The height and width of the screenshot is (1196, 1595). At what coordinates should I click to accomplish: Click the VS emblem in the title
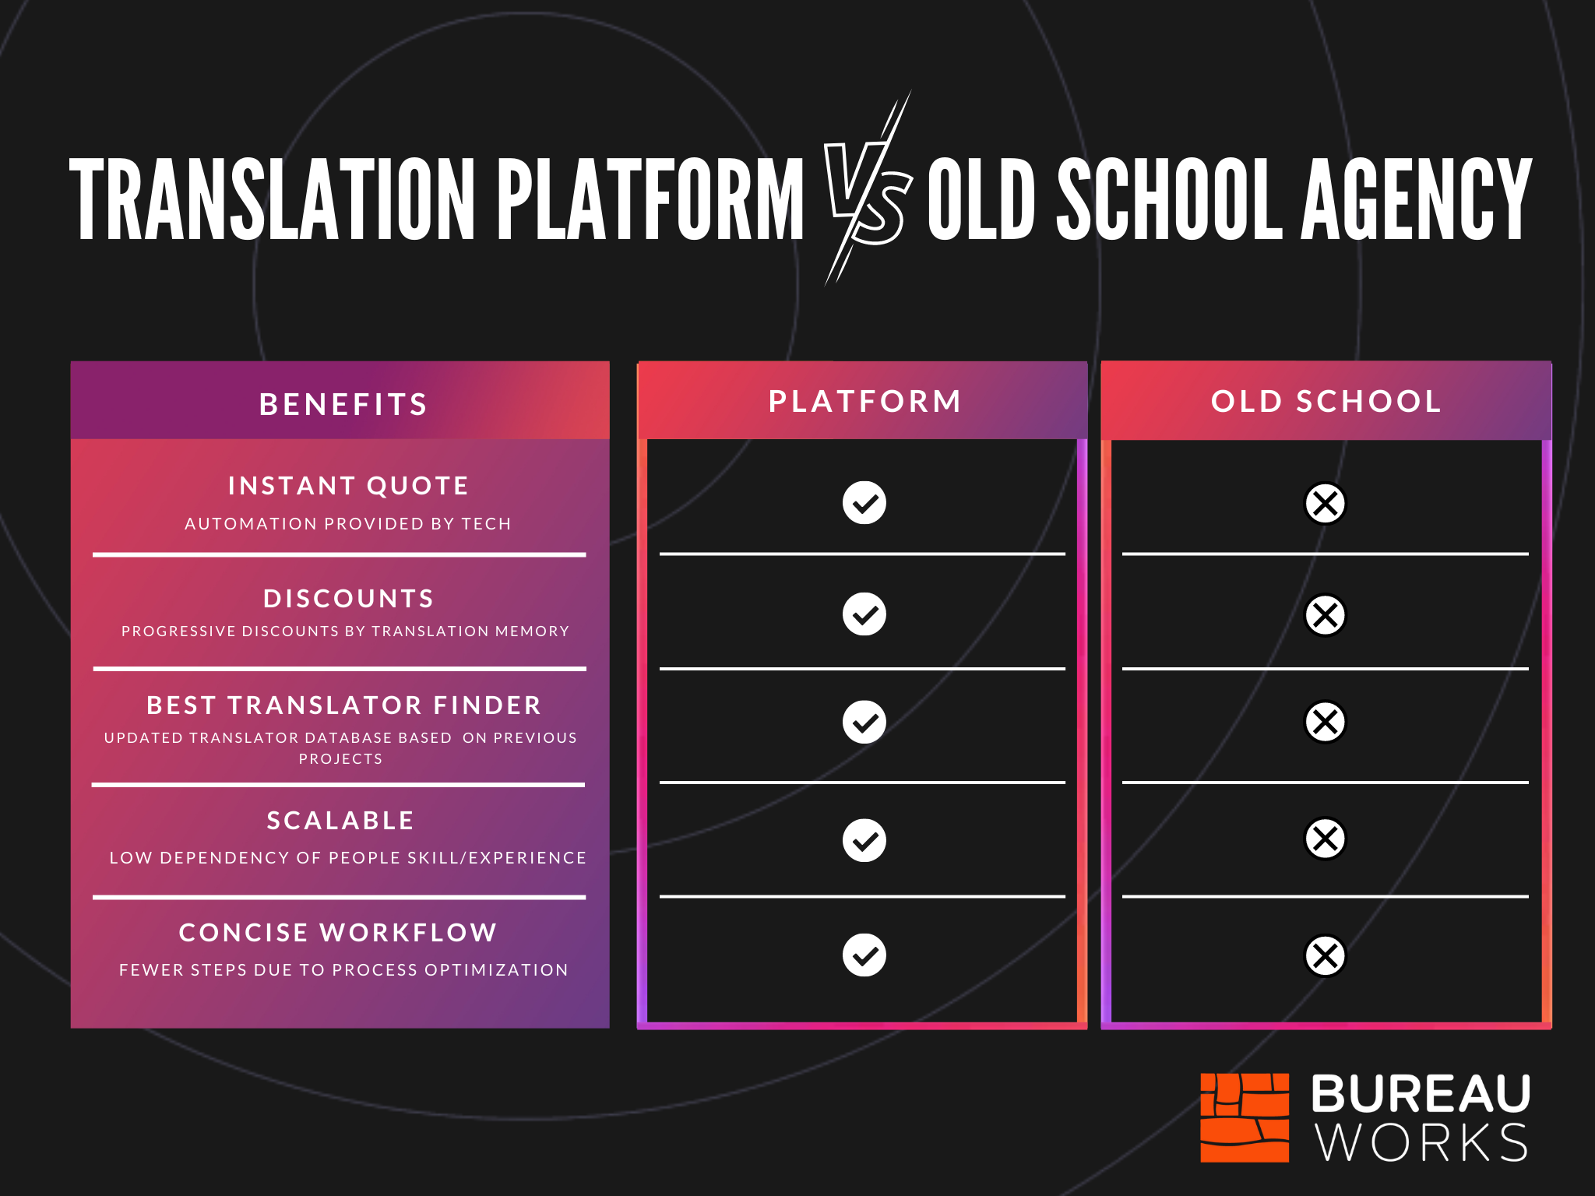pyautogui.click(x=868, y=191)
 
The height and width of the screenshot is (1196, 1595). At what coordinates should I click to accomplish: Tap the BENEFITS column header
pyautogui.click(x=343, y=404)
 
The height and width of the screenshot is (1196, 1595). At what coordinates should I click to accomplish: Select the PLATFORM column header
pyautogui.click(x=865, y=401)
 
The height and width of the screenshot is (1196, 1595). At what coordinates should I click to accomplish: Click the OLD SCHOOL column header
pyautogui.click(x=1326, y=401)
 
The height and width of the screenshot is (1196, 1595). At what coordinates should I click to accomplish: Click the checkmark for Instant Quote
pyautogui.click(x=864, y=503)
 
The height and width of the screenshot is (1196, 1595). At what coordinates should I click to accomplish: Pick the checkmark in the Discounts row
pyautogui.click(x=864, y=614)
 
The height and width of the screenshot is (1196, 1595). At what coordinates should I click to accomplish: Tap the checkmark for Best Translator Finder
pyautogui.click(x=864, y=722)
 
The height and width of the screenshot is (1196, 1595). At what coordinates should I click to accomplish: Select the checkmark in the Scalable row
pyautogui.click(x=864, y=840)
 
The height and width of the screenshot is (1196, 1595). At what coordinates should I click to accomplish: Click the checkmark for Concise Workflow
pyautogui.click(x=864, y=955)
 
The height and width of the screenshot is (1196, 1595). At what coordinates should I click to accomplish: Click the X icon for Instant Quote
pyautogui.click(x=1325, y=504)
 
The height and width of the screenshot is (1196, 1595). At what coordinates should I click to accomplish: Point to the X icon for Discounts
pyautogui.click(x=1325, y=615)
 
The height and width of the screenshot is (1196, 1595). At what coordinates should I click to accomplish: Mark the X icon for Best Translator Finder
pyautogui.click(x=1325, y=722)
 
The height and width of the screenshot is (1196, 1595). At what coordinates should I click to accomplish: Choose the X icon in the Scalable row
pyautogui.click(x=1325, y=839)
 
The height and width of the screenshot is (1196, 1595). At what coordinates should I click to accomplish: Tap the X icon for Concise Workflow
pyautogui.click(x=1325, y=955)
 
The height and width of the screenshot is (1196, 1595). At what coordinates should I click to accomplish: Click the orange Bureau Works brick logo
pyautogui.click(x=1245, y=1117)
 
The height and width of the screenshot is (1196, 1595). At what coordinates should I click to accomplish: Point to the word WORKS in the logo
pyautogui.click(x=1422, y=1143)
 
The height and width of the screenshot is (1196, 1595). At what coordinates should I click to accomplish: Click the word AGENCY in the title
pyautogui.click(x=1417, y=199)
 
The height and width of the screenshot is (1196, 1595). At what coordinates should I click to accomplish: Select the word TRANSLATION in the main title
pyautogui.click(x=272, y=199)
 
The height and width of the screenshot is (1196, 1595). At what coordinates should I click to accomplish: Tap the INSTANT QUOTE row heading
pyautogui.click(x=348, y=486)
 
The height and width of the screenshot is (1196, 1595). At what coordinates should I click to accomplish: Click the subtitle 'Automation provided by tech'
pyautogui.click(x=348, y=524)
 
